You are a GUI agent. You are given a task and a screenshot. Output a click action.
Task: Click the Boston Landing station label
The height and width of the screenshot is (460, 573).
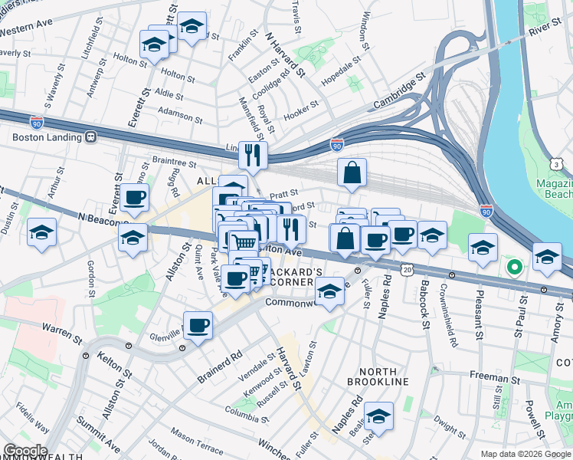point(45,138)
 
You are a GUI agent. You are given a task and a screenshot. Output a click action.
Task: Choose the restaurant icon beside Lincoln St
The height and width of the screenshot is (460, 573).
point(253,156)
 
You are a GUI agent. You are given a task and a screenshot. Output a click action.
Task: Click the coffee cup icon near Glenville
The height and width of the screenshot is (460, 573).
point(198,324)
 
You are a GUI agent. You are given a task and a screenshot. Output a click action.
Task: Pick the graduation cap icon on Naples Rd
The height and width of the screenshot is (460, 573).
point(378,416)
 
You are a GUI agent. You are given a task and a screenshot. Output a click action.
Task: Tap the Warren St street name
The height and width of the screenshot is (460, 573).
point(62,334)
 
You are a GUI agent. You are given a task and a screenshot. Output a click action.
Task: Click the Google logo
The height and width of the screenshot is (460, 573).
point(25,451)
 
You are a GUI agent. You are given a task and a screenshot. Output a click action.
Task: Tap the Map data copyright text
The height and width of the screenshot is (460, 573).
point(525,454)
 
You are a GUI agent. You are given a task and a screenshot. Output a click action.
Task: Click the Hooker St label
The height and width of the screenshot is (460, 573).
point(301,111)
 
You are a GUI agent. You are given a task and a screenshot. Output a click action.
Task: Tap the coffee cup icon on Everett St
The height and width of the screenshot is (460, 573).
point(134,198)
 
